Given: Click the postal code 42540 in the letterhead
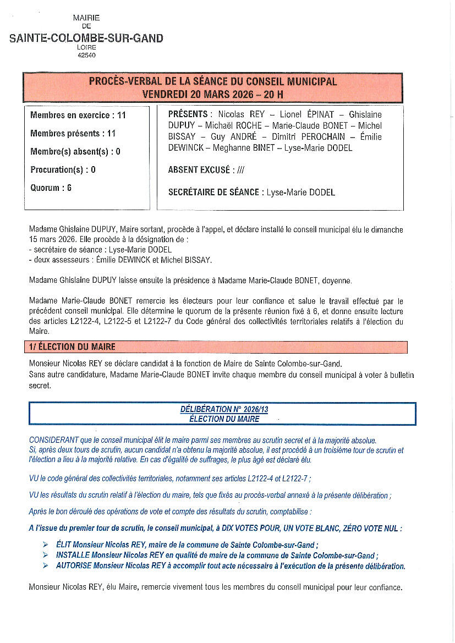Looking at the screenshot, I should click(x=86, y=55).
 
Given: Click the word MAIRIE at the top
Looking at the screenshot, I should click(x=86, y=18).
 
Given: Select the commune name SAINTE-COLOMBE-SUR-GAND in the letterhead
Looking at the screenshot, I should click(x=86, y=39).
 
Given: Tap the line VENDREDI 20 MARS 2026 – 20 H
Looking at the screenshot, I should click(x=212, y=94).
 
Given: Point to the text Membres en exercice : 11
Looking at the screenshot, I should click(x=78, y=116).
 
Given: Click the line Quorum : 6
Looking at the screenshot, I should click(x=51, y=188).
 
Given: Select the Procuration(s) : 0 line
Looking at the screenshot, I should click(x=63, y=170).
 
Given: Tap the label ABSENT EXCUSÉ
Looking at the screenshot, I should click(x=199, y=170).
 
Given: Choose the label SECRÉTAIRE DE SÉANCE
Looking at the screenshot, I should click(x=213, y=193).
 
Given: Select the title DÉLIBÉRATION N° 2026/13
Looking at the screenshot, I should click(x=224, y=410).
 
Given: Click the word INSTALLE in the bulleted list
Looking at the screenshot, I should click(x=73, y=556).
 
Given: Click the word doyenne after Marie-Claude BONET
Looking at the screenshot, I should click(x=336, y=281).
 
